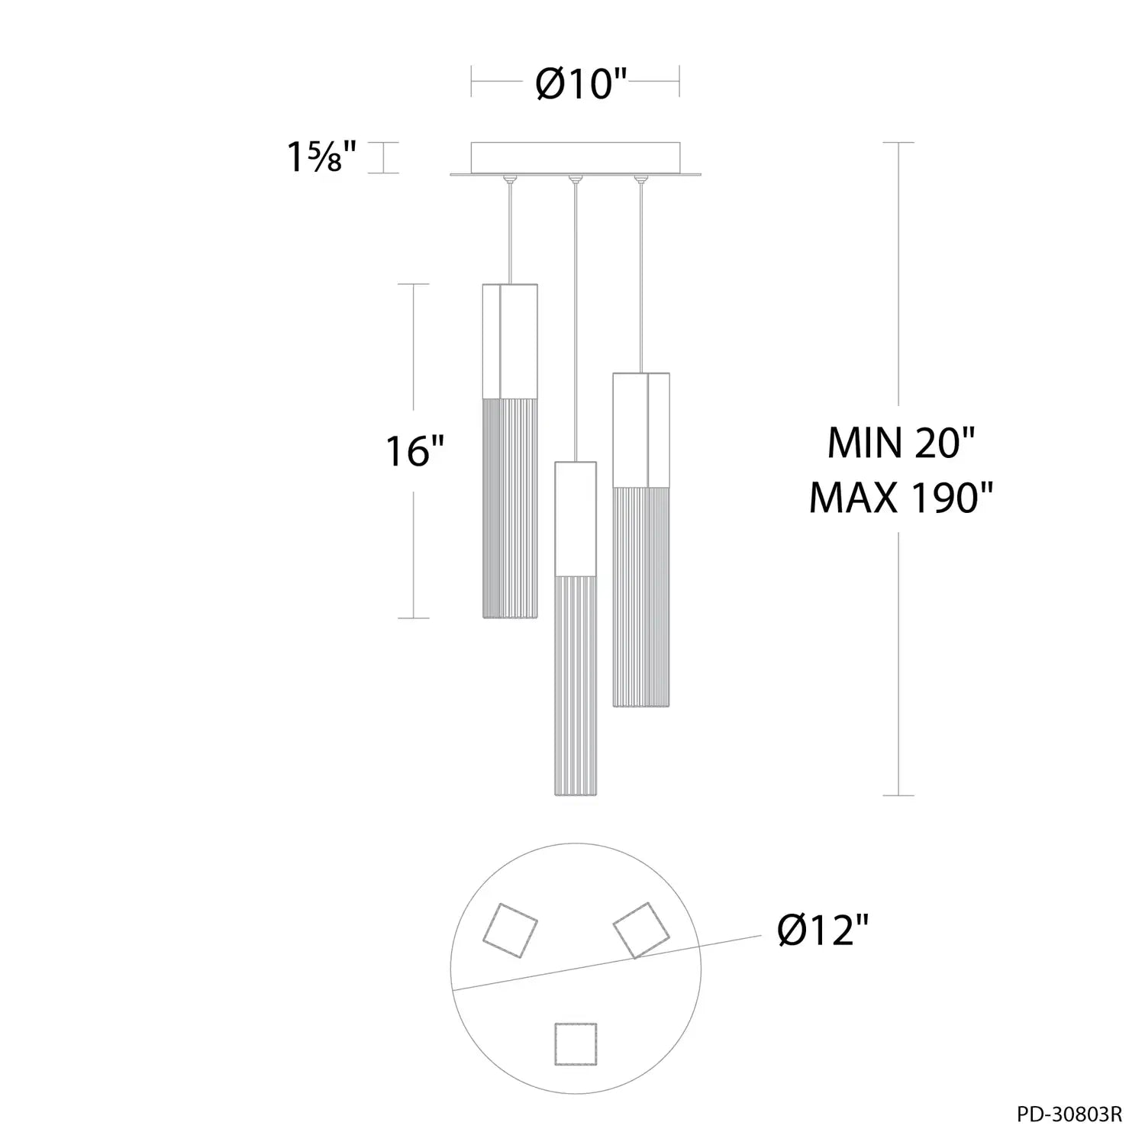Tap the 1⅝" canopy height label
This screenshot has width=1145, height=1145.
pos(321,157)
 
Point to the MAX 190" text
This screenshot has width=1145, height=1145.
pos(901,498)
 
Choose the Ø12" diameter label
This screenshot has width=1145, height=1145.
pos(824,931)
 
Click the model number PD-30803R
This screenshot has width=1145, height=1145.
pos(1069,1115)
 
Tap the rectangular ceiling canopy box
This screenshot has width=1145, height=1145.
pos(576,158)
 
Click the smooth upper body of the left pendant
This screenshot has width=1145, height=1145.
pos(510,341)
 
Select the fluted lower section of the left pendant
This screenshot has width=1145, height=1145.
pos(510,508)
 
